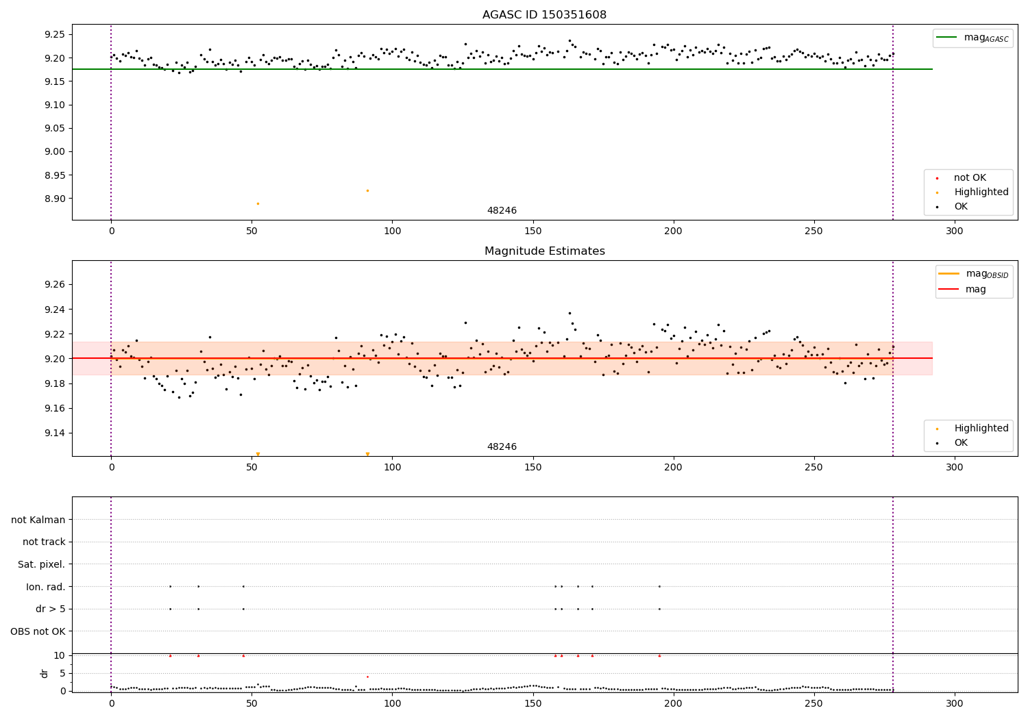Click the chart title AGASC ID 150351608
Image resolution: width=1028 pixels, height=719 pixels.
point(544,15)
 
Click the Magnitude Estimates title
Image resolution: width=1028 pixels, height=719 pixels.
point(544,251)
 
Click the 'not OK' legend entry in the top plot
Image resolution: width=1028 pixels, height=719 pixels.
point(970,178)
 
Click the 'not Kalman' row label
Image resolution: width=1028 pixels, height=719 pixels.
point(38,520)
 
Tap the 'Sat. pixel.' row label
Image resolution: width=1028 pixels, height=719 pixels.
point(42,565)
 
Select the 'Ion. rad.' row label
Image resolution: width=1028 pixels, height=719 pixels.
point(46,587)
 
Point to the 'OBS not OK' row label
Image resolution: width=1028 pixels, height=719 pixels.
point(38,631)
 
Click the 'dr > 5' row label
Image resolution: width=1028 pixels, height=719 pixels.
point(51,609)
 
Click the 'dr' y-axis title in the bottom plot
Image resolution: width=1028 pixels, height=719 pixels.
point(45,673)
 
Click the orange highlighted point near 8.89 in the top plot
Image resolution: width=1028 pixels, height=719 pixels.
point(258,203)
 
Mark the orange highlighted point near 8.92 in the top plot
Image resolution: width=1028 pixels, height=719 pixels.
point(367,190)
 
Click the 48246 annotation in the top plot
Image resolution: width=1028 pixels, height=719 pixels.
point(502,211)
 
